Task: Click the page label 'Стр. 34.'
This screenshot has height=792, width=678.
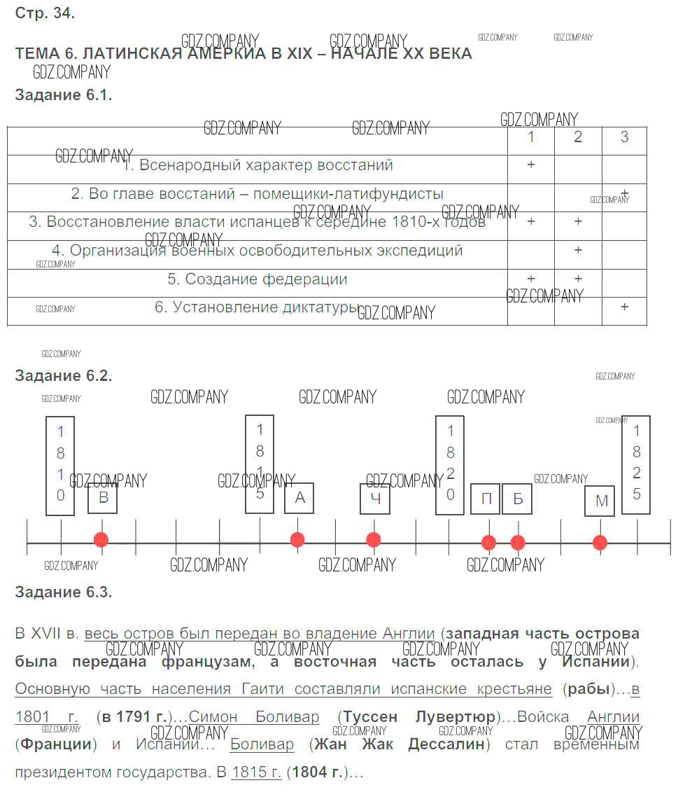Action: pos(45,13)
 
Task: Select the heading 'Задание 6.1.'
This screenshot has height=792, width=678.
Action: pos(64,95)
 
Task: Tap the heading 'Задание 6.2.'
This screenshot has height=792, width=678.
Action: pos(64,376)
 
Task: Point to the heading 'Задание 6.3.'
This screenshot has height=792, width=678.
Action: pos(64,592)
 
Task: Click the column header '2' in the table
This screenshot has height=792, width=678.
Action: pos(578,137)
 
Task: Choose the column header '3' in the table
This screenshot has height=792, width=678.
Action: pos(625,137)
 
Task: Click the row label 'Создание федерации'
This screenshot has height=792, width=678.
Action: pos(257,279)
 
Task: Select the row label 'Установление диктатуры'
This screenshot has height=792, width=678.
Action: pos(257,307)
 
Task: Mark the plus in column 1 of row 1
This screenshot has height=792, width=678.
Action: pos(531,165)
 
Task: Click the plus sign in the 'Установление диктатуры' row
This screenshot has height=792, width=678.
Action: pos(625,307)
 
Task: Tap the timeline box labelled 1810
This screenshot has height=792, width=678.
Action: pos(60,465)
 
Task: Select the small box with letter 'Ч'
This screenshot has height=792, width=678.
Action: pos(375,499)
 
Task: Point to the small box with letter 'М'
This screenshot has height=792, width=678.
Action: pos(600,501)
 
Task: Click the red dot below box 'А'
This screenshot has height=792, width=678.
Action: pos(297,540)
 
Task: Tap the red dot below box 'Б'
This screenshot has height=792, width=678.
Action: pos(518,542)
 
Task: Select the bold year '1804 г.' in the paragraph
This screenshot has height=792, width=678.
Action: pos(318,773)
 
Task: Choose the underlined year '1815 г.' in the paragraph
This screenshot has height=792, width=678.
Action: pos(256,773)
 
